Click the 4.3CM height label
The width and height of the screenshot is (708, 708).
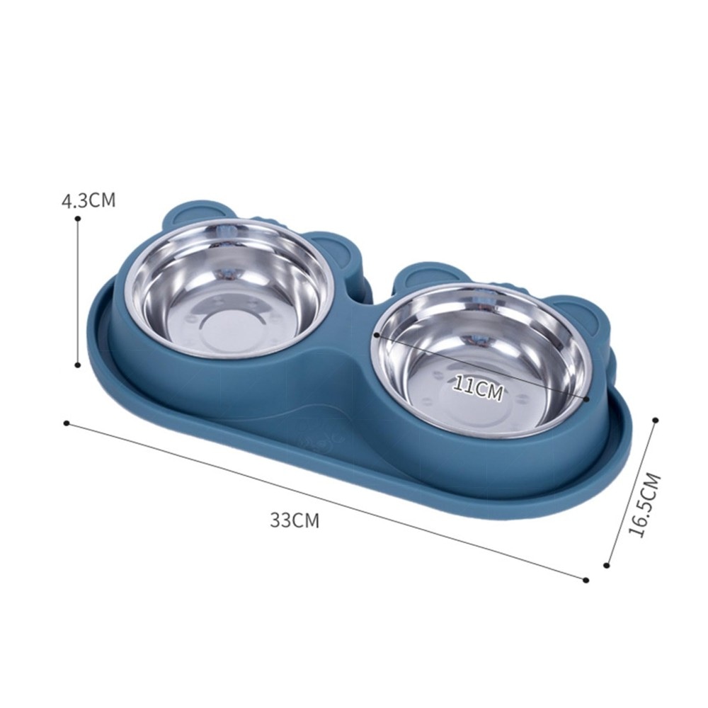(88, 200)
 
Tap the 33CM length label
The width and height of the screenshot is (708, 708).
(295, 520)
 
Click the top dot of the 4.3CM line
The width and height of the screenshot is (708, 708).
(78, 219)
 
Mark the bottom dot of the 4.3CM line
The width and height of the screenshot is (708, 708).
(78, 365)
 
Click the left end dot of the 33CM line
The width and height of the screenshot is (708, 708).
(67, 423)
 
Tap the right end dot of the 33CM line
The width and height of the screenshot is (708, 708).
(586, 580)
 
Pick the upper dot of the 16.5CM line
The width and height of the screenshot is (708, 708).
(656, 420)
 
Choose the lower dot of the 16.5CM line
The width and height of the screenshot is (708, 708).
(607, 565)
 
